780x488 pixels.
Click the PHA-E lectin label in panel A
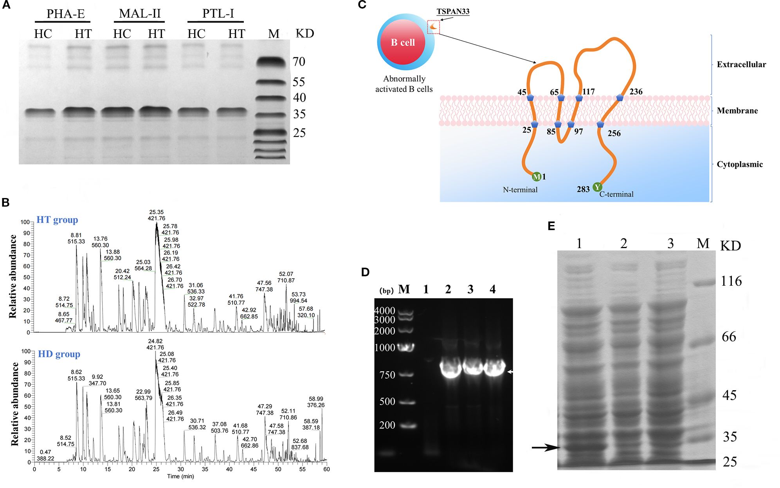click(x=65, y=14)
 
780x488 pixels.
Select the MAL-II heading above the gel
click(x=140, y=14)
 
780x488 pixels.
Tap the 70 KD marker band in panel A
click(x=271, y=61)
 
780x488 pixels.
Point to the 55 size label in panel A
click(x=299, y=82)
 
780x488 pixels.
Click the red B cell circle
click(x=403, y=42)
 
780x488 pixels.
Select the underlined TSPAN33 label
click(x=453, y=11)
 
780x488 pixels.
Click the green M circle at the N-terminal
click(x=537, y=177)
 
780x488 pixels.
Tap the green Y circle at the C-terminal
click(x=597, y=187)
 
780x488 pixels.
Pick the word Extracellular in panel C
click(x=741, y=65)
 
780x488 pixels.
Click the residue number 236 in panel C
click(x=636, y=92)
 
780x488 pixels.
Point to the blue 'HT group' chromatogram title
click(x=57, y=220)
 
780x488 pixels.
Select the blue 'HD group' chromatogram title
click(x=59, y=354)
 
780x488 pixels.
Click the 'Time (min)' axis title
click(x=180, y=476)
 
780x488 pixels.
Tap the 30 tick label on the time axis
click(x=180, y=469)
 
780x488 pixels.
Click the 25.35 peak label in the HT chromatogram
click(x=156, y=212)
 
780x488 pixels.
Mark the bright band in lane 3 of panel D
click(x=473, y=368)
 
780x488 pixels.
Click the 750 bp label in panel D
click(x=387, y=375)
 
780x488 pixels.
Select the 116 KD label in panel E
click(x=731, y=281)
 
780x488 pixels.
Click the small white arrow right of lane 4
click(x=510, y=372)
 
